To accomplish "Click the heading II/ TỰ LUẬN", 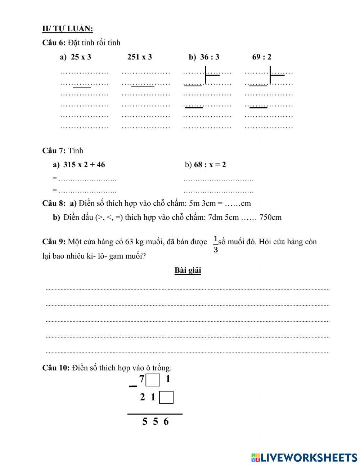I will [x=68, y=29].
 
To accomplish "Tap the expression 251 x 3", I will [x=140, y=57].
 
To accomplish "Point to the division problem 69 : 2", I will [x=262, y=57].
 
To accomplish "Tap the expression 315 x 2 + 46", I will [x=84, y=165].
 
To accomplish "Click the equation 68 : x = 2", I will [x=210, y=165].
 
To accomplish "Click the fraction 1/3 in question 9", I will [x=216, y=244].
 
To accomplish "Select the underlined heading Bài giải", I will [x=188, y=270].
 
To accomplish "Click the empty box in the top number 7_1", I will [x=154, y=380].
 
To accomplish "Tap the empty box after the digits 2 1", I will [x=166, y=398].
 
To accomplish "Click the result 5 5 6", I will [x=155, y=421].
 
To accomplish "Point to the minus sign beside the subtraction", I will [x=133, y=386].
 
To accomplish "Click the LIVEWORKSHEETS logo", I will [x=304, y=457].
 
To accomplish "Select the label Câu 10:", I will [x=56, y=368].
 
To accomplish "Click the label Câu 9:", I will [x=54, y=242].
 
